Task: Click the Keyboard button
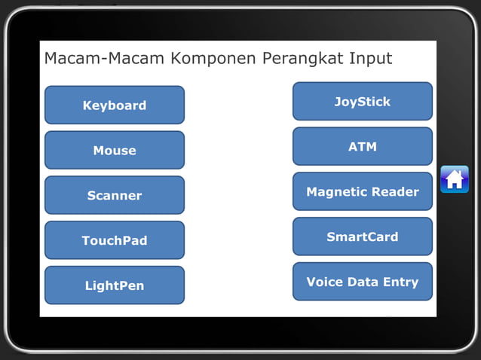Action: (115, 105)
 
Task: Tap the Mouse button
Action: (115, 150)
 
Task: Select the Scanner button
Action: (115, 195)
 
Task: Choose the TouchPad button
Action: (115, 240)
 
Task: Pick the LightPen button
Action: (115, 285)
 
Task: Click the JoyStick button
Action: (362, 101)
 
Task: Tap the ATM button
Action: (362, 146)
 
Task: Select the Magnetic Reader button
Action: (362, 191)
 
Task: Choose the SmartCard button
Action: (362, 236)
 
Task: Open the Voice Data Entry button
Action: (362, 282)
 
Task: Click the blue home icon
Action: (455, 179)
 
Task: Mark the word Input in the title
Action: (369, 59)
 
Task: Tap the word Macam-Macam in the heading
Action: (105, 59)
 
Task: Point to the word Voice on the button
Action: (323, 282)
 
